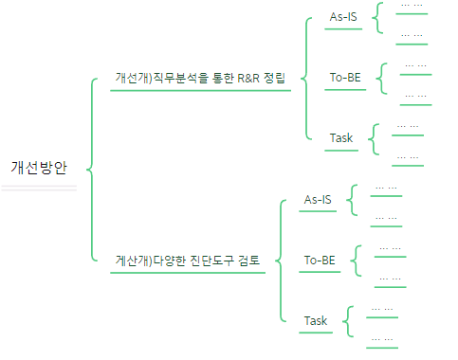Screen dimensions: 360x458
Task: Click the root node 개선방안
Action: click(x=39, y=168)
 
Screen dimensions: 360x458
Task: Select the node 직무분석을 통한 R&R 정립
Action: click(x=199, y=78)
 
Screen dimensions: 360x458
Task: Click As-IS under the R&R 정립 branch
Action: click(x=343, y=17)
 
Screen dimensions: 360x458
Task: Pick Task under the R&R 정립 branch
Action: click(x=341, y=138)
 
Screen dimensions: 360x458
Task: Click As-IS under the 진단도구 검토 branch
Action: click(x=318, y=199)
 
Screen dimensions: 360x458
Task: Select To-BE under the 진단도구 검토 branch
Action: click(x=320, y=260)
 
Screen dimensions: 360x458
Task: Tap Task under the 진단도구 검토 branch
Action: click(x=316, y=320)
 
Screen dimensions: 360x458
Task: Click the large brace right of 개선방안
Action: click(x=91, y=169)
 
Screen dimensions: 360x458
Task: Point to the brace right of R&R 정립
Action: click(x=306, y=78)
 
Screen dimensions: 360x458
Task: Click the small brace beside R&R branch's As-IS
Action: click(x=377, y=18)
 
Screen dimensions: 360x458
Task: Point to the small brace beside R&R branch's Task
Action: click(x=373, y=139)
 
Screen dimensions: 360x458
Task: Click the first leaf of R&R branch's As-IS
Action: click(x=412, y=6)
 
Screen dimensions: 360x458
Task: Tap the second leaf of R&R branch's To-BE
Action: click(x=415, y=96)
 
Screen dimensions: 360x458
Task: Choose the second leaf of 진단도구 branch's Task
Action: click(x=383, y=338)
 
